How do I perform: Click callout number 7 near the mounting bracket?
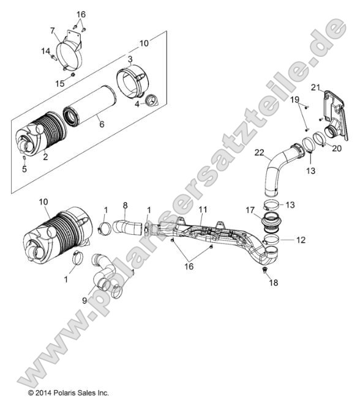point(53,31)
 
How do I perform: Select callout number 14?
point(45,52)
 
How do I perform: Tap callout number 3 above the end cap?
point(130,59)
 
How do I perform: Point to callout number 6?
point(102,124)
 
